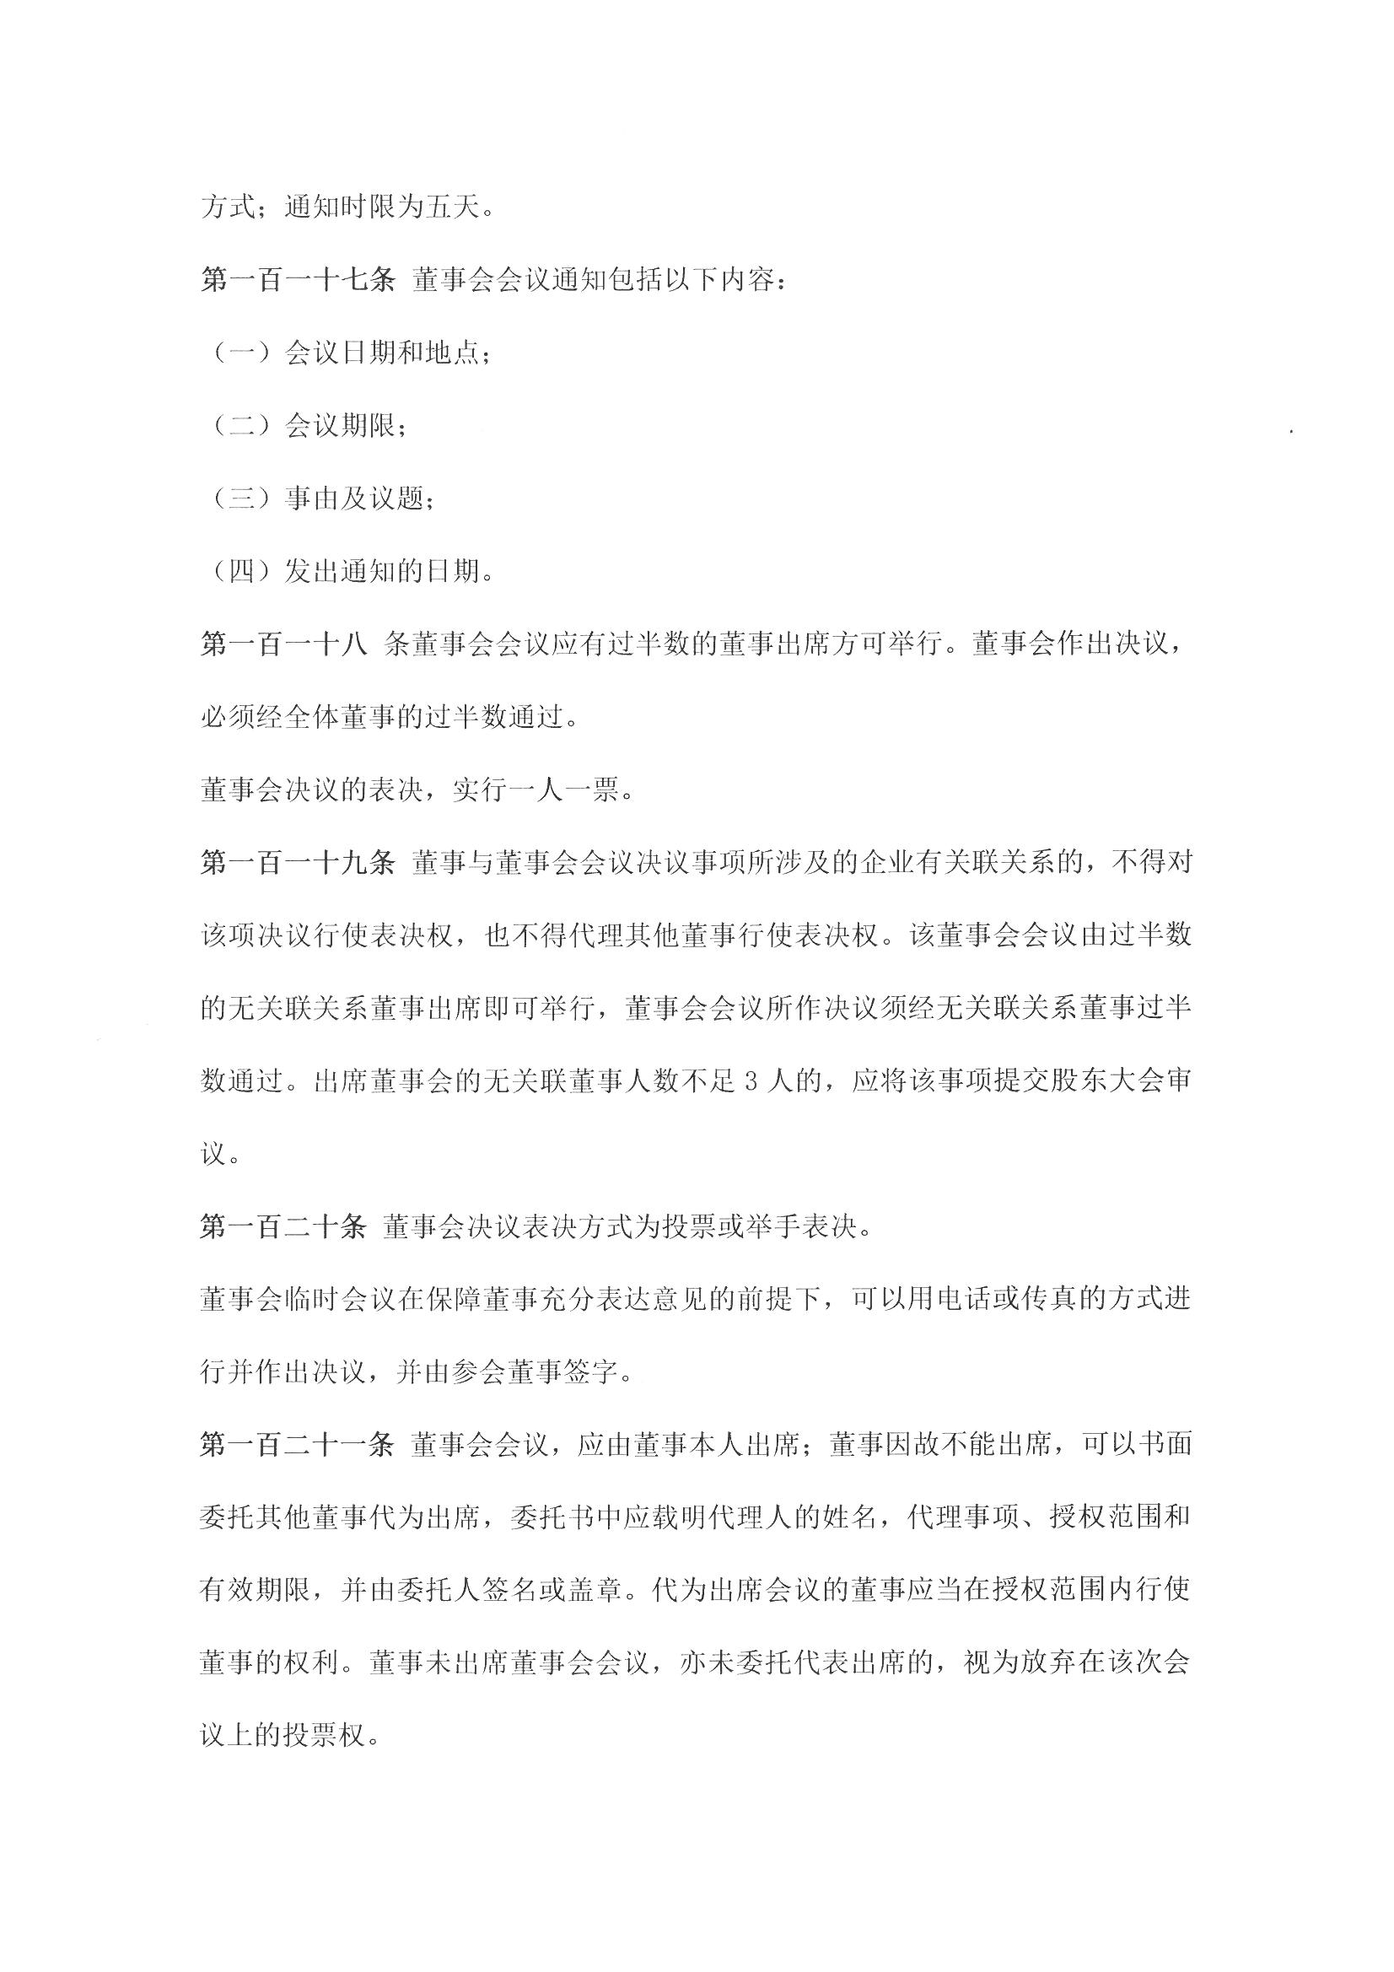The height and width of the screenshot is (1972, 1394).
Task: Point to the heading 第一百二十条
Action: [283, 1226]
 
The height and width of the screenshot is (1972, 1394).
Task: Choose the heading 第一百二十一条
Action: [296, 1445]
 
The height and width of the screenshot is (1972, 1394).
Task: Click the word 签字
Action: [593, 1372]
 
